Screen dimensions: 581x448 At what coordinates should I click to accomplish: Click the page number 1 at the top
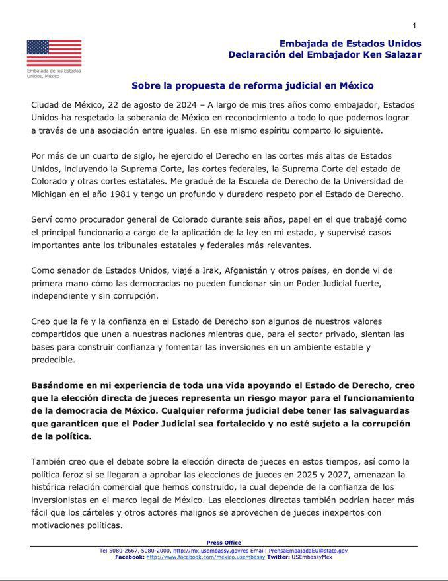pyautogui.click(x=414, y=26)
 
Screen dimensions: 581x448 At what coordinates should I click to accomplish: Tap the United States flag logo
pyautogui.click(x=54, y=54)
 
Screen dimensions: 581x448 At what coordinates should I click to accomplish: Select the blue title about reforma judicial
pyautogui.click(x=252, y=85)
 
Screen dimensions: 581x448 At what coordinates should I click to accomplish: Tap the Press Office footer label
pyautogui.click(x=224, y=543)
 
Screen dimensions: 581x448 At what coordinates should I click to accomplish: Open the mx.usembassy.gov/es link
pyautogui.click(x=211, y=550)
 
